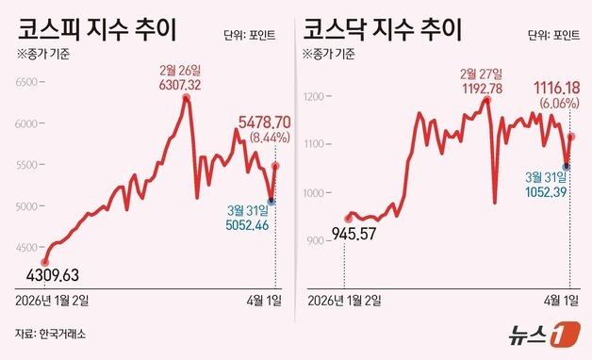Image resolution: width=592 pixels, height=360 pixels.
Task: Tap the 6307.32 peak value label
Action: click(185, 85)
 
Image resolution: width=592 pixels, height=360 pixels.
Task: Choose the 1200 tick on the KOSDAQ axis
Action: click(316, 96)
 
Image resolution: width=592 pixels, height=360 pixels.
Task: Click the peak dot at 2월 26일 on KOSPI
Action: click(186, 97)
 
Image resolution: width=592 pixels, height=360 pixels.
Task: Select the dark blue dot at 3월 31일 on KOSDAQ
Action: click(567, 166)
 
